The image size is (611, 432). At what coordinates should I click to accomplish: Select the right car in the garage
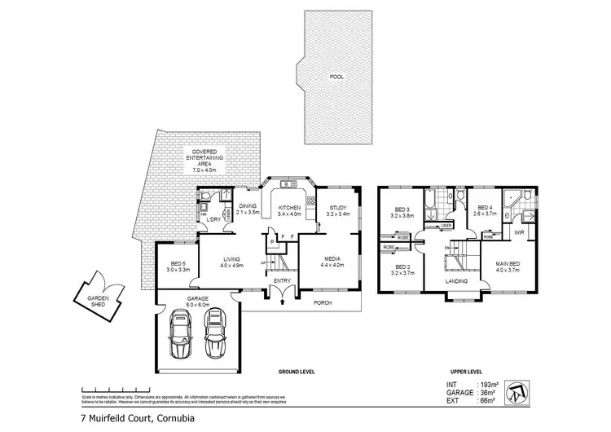[x=215, y=336]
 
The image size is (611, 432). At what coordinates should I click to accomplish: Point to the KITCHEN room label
[x=289, y=209]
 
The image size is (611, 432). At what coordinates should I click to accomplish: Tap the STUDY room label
[x=338, y=209]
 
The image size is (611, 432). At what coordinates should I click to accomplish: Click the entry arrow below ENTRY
[x=282, y=302]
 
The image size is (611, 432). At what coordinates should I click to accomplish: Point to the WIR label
[x=517, y=232]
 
